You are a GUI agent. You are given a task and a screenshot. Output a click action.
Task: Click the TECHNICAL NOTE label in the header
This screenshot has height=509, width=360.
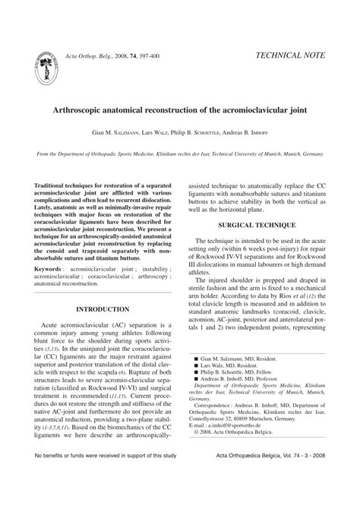pyautogui.click(x=291, y=55)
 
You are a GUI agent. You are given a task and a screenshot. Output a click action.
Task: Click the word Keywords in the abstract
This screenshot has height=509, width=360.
pyautogui.click(x=49, y=269)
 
